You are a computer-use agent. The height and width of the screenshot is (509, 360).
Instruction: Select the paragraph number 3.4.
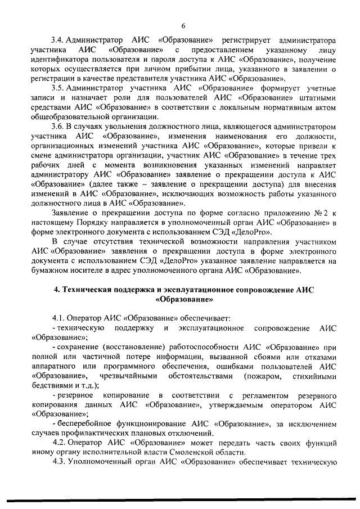57,41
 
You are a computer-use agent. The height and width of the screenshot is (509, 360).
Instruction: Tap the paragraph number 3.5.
57,88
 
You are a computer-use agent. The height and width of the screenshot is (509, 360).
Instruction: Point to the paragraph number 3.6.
57,127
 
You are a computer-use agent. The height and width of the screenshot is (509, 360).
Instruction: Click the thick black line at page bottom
180,499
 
